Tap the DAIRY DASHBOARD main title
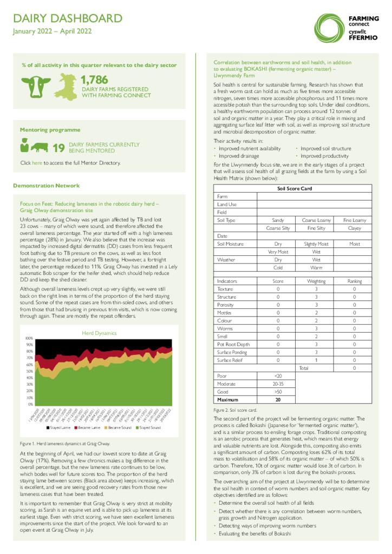68,19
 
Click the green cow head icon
36,86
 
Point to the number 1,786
95,80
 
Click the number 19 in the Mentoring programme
58,148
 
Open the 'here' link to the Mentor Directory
37,163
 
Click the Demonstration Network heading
46,186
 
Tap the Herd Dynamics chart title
100,333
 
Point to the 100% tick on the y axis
29,339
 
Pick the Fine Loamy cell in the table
355,220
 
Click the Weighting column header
316,281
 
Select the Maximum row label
227,400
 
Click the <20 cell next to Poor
278,375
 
